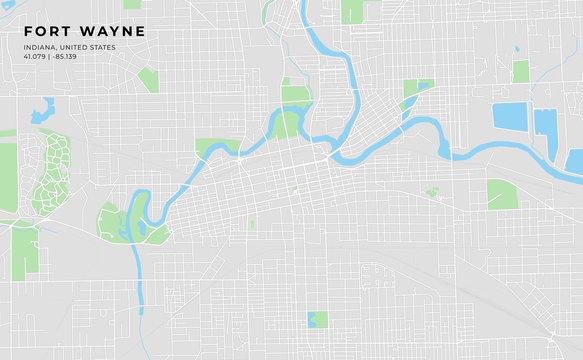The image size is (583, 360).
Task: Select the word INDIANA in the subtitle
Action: click(40, 47)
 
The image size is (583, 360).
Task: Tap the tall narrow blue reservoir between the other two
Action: click(545, 123)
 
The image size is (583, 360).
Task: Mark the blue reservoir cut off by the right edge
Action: click(575, 161)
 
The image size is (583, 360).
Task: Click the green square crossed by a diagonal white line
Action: click(502, 193)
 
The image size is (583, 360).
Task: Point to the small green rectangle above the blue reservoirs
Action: click(520, 71)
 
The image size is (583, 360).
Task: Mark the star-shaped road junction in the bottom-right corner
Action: click(552, 332)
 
